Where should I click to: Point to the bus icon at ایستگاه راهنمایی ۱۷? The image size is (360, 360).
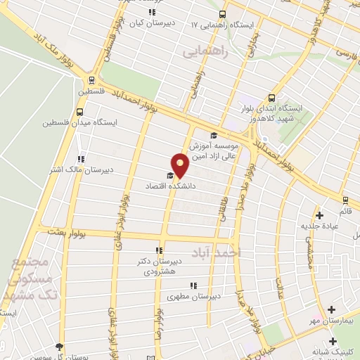point(223,14)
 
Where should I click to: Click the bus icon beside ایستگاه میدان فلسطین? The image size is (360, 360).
point(80,111)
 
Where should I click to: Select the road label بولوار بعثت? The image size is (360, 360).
point(67,231)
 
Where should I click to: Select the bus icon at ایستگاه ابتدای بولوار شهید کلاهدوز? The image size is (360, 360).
point(271,98)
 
